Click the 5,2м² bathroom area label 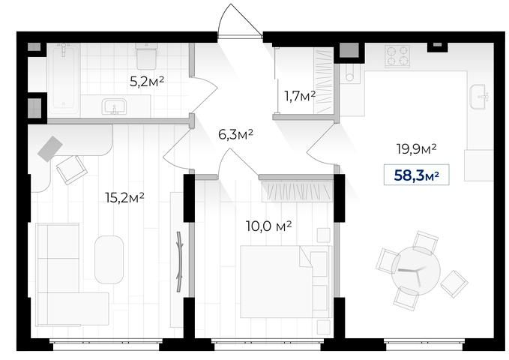(147, 81)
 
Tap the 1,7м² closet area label (300, 96)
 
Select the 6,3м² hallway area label (235, 134)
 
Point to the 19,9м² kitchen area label (417, 148)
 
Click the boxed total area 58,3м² (417, 175)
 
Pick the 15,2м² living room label (124, 197)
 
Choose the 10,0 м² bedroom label (269, 226)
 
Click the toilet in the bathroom (146, 56)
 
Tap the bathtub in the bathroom (64, 78)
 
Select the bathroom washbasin (114, 106)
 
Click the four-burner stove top (397, 56)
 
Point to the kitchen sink (479, 97)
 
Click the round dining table (415, 271)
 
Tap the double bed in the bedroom (286, 281)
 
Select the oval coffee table (109, 259)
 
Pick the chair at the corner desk (71, 170)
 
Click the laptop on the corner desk (50, 148)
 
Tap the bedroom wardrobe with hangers (297, 191)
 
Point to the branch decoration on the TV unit (179, 262)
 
